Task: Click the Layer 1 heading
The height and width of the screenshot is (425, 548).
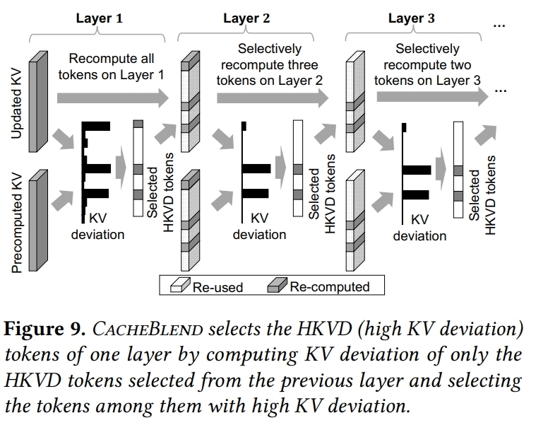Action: (100, 18)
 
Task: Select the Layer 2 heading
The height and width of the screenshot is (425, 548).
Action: (246, 18)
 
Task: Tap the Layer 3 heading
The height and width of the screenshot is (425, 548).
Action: (411, 18)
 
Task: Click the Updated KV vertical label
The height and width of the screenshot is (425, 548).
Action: (16, 104)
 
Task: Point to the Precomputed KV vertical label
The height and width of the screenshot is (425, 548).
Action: (16, 223)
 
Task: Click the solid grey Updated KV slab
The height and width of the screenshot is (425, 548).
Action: (38, 102)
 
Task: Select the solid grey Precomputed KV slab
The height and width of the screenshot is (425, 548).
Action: (38, 220)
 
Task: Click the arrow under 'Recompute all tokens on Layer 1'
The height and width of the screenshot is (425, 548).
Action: (113, 98)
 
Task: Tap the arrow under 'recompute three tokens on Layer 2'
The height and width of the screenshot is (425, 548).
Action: (273, 98)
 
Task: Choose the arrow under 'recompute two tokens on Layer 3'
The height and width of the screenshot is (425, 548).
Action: (432, 97)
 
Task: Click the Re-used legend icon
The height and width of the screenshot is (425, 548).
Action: (180, 285)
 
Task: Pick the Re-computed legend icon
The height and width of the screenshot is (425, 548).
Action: (277, 285)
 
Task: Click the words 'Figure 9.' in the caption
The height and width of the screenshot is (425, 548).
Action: (44, 329)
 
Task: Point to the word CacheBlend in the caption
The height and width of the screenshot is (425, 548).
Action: (148, 330)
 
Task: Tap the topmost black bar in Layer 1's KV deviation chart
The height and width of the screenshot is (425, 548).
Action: (96, 126)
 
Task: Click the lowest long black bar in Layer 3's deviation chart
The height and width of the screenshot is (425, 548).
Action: (416, 194)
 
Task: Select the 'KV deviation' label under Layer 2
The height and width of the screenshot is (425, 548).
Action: (259, 226)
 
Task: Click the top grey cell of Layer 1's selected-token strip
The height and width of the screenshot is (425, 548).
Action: (138, 124)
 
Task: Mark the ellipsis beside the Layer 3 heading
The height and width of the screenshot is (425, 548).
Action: (499, 25)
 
